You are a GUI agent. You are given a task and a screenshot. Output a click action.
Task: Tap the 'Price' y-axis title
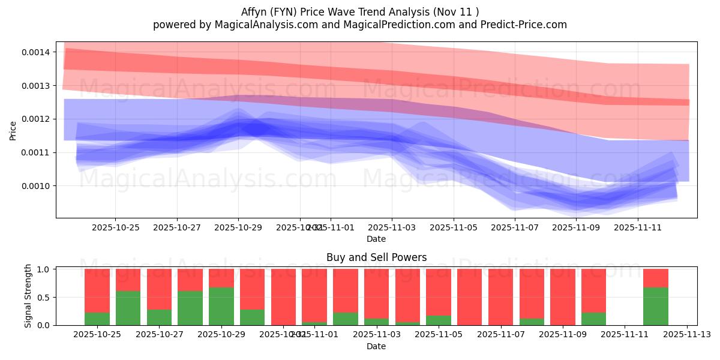click(x=13, y=130)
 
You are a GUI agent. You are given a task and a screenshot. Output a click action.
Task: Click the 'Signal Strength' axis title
click(x=28, y=296)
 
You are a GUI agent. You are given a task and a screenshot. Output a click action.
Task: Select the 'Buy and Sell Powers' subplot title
click(x=376, y=257)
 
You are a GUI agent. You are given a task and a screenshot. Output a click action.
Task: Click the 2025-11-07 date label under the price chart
click(x=515, y=228)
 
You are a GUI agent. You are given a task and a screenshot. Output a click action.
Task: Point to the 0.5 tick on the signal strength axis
click(x=44, y=298)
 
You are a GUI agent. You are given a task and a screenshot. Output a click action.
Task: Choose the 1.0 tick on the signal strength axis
click(x=44, y=269)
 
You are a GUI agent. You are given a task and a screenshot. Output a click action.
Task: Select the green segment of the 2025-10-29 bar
click(x=221, y=306)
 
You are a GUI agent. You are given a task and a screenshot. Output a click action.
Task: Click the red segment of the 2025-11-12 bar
click(x=656, y=278)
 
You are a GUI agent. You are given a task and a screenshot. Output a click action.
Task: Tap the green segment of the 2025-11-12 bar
click(x=656, y=306)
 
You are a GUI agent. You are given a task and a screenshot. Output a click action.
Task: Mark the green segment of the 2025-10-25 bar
click(x=97, y=319)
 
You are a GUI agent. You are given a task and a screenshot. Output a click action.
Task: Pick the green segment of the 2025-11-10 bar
click(x=593, y=319)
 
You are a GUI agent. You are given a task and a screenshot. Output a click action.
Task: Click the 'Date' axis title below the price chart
click(x=376, y=239)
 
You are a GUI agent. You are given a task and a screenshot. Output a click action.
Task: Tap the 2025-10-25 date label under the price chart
click(x=116, y=228)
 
